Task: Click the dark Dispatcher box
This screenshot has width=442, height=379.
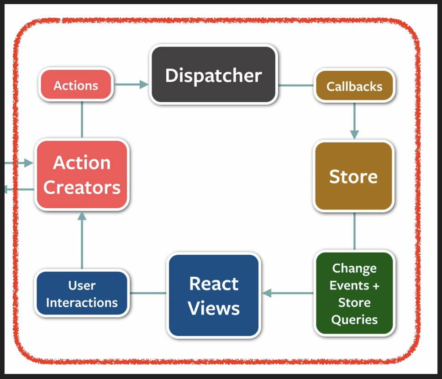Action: point(213,75)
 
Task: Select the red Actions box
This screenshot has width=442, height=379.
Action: point(76,84)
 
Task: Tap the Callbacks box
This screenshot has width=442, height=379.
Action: point(354,86)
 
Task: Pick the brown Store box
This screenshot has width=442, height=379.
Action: point(353,176)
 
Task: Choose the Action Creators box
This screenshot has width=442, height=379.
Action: point(82,175)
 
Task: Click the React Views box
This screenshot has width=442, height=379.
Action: point(214,295)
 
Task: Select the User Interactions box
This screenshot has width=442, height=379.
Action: point(82,293)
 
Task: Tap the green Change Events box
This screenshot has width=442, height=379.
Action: point(354,293)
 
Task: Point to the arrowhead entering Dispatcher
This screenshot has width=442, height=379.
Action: point(144,84)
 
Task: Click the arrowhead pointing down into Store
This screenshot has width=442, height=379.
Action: point(354,135)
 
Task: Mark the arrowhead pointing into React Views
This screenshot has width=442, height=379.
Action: point(267,293)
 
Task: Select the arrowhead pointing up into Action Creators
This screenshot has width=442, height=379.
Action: point(82,216)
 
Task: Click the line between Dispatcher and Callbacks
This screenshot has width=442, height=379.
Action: point(296,85)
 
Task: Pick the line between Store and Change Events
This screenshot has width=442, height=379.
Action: point(354,231)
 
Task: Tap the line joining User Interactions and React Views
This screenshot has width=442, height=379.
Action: point(148,293)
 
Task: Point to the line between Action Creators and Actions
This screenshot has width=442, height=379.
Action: point(82,120)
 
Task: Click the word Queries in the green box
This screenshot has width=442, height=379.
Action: point(354,320)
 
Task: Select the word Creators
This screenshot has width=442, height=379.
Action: point(82,188)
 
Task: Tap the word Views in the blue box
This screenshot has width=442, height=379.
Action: point(214,308)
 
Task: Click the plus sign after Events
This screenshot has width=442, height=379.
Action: point(376,286)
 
